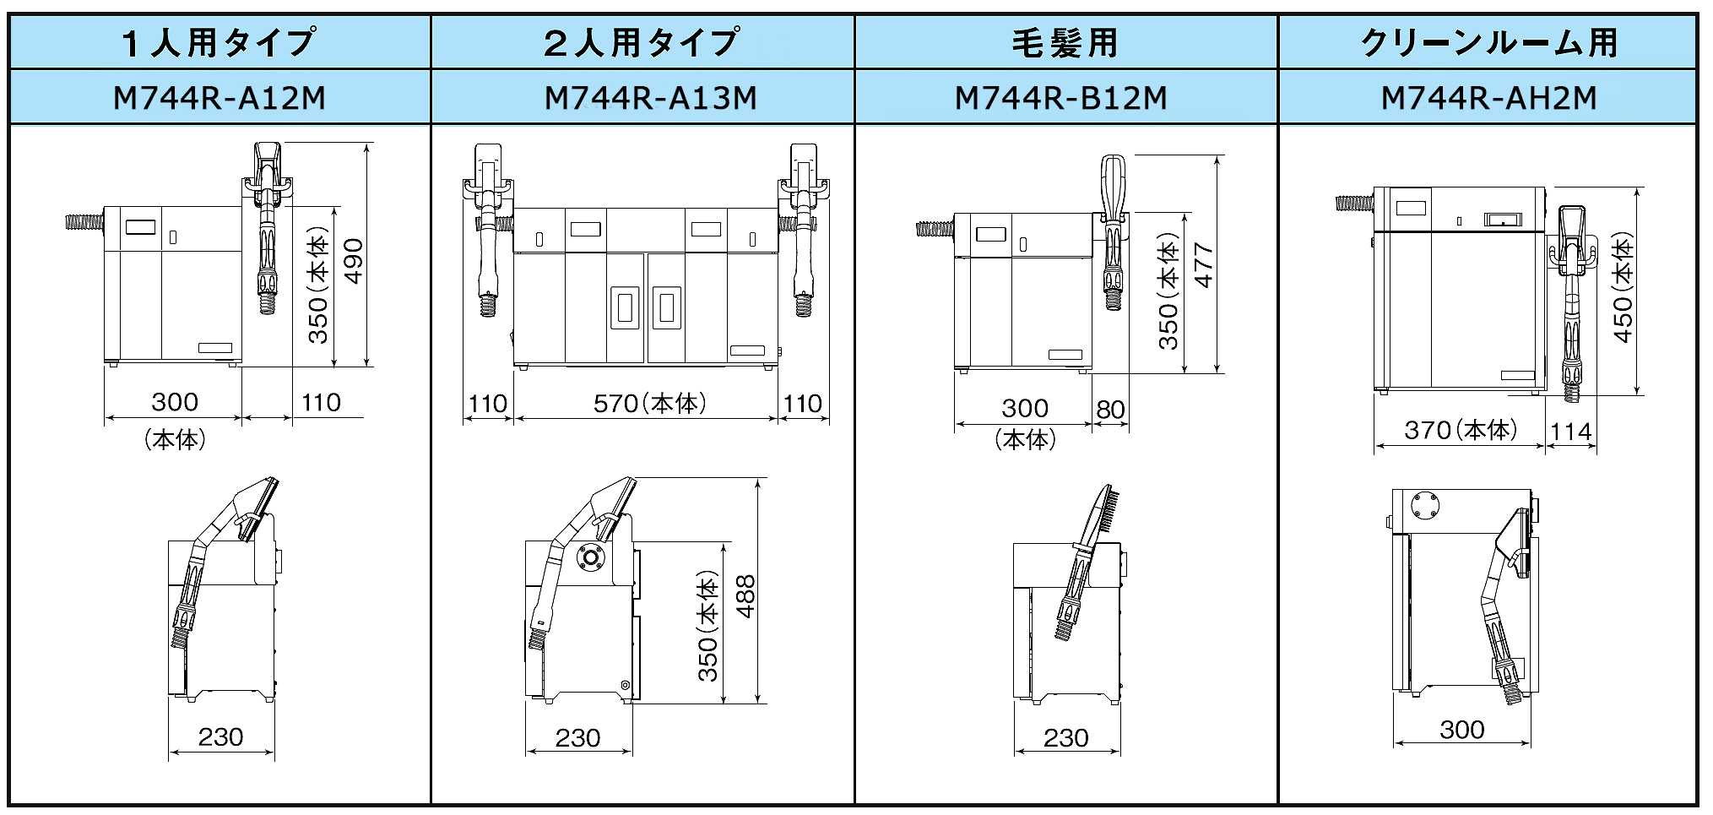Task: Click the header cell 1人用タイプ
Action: tap(220, 42)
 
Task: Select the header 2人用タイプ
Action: tap(642, 42)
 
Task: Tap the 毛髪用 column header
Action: tap(1065, 42)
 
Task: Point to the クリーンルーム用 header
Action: tap(1488, 42)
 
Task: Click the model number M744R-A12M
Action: tap(220, 98)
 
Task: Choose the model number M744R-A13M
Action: tap(650, 98)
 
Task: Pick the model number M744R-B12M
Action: tap(1061, 98)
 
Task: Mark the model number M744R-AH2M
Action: tap(1488, 98)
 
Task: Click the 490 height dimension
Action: tap(355, 261)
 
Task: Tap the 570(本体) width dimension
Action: tap(649, 404)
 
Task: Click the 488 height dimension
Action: tap(745, 596)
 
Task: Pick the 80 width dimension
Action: tap(1110, 410)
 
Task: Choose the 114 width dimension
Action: tap(1571, 432)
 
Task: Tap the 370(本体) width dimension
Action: tap(1461, 430)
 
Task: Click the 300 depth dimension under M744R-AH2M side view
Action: tap(1461, 729)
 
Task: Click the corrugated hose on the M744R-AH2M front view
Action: tap(1354, 204)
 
